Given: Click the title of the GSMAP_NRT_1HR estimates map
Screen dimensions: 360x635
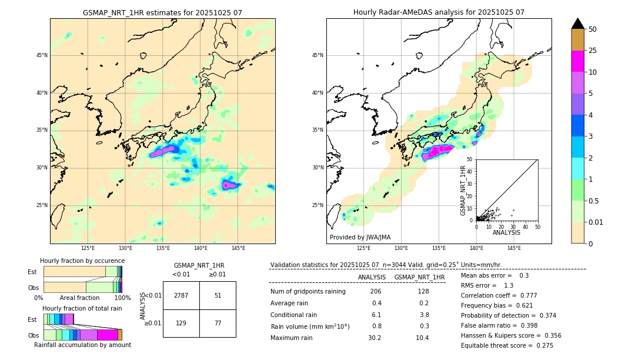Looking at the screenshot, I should tap(162, 12).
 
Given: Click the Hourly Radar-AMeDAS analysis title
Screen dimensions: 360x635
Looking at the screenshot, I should tap(439, 12).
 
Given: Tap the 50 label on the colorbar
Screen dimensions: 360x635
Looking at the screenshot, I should tap(593, 29).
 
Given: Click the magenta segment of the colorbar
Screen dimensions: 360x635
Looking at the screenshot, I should tap(577, 61).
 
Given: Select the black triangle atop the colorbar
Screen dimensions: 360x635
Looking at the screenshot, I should tap(577, 24).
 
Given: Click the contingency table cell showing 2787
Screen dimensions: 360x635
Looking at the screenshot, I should tap(181, 295).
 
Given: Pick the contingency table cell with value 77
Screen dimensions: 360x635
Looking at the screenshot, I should tap(218, 323).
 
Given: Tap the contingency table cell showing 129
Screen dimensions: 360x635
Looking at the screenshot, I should tap(181, 323).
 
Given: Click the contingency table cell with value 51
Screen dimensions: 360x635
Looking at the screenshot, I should tap(218, 295).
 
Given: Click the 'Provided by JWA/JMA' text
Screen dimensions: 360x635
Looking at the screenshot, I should tap(360, 237).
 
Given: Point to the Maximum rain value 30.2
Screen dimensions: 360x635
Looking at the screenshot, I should tap(375, 338).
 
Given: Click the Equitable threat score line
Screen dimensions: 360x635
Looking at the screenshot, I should tap(507, 345).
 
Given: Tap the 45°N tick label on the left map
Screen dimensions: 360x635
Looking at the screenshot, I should tap(42, 55).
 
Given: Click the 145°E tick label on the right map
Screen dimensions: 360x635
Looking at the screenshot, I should tap(514, 248).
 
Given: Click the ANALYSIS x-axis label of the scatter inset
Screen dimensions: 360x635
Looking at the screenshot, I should tap(506, 232).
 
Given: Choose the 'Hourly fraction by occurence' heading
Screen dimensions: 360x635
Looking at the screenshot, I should tap(82, 261).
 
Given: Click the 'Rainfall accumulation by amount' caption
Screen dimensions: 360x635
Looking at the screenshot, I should tap(82, 345).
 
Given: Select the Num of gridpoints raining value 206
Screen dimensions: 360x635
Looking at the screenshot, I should tap(376, 291).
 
